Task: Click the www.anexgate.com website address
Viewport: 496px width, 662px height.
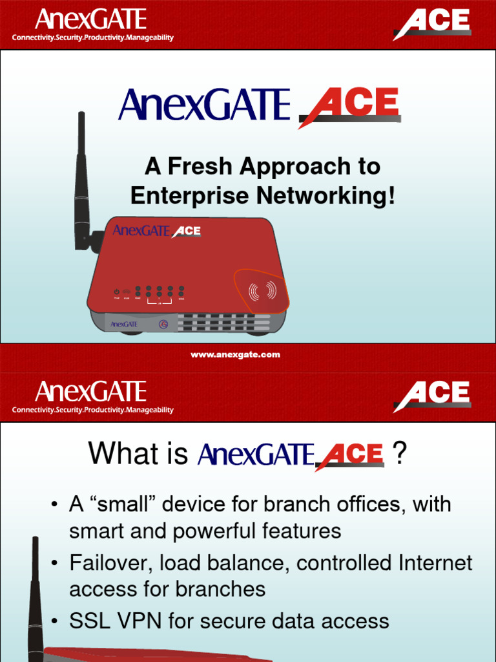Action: tap(235, 355)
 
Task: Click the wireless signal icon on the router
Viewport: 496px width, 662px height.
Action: tap(262, 292)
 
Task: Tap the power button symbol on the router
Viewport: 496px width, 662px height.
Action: tap(117, 292)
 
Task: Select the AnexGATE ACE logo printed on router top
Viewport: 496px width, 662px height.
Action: tap(157, 231)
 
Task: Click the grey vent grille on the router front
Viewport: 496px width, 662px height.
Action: tap(223, 322)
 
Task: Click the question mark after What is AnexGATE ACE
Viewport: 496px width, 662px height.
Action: tap(400, 454)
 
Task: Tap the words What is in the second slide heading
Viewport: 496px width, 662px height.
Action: tap(138, 454)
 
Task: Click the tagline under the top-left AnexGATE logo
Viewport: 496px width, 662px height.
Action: tap(92, 38)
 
